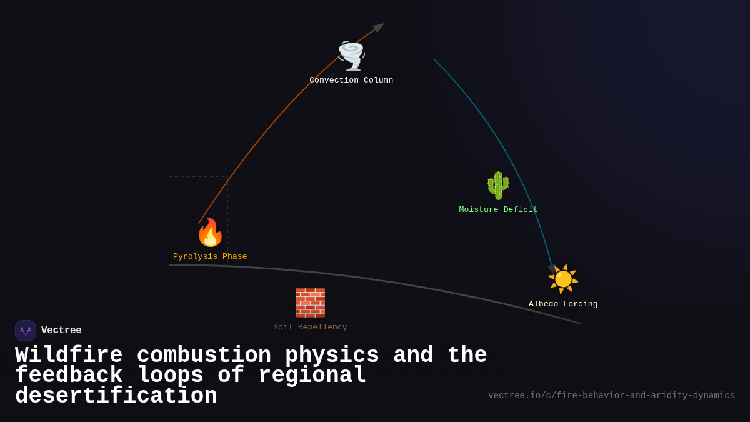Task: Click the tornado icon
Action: [x=351, y=56]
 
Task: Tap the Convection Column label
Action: [x=351, y=81]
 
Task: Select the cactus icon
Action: [x=498, y=185]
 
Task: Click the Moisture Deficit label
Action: [x=498, y=210]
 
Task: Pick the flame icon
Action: [x=210, y=233]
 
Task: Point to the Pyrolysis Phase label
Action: [x=210, y=257]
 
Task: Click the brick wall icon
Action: [x=310, y=303]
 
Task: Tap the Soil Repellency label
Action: [x=310, y=328]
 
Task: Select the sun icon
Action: [x=563, y=279]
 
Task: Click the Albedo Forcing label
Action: [x=563, y=304]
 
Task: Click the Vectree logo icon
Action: [x=26, y=331]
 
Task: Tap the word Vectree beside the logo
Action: [x=61, y=331]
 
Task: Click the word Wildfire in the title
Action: [x=69, y=356]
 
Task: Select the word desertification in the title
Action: [x=116, y=396]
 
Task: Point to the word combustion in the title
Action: [x=204, y=356]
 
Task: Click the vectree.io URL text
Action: [x=611, y=396]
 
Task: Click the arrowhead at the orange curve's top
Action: [x=379, y=28]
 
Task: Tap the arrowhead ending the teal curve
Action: [x=552, y=268]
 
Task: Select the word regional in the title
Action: [x=312, y=376]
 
